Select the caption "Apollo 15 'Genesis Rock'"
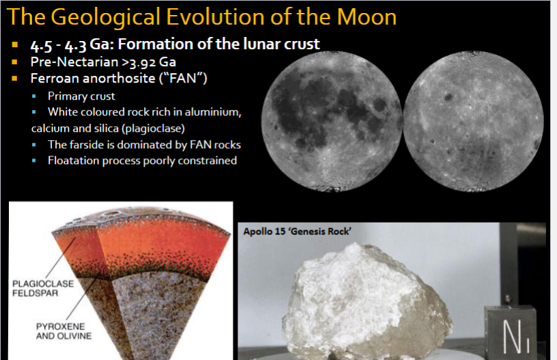tap(297, 232)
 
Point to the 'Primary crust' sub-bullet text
tap(81, 96)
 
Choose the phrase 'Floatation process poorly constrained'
tap(142, 161)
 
